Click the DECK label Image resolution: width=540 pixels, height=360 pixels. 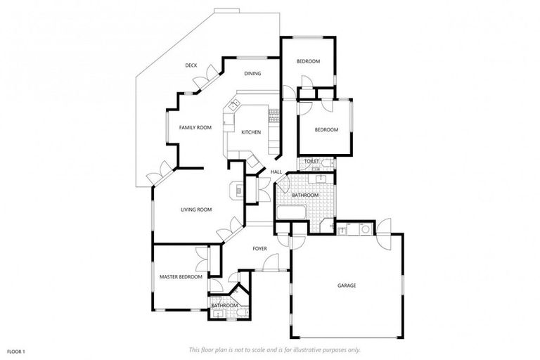click(x=191, y=65)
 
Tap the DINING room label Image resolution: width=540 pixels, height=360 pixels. click(x=252, y=74)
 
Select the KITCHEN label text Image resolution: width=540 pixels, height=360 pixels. click(x=251, y=132)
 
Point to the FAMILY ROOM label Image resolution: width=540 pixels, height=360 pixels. click(x=195, y=127)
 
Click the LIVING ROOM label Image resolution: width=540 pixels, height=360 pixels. click(x=196, y=210)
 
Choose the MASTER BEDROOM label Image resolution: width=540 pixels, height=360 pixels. click(x=181, y=277)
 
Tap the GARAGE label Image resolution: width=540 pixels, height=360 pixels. click(x=347, y=285)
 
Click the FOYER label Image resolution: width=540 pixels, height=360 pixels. click(x=260, y=248)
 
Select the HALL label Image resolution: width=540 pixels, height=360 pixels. click(x=276, y=172)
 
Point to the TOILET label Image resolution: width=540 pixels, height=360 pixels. click(x=311, y=162)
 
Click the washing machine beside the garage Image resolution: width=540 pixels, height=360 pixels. click(x=364, y=229)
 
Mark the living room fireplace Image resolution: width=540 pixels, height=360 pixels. click(x=238, y=190)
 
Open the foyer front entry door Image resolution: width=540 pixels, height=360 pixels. click(x=266, y=264)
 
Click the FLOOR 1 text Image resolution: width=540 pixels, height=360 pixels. click(x=16, y=350)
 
